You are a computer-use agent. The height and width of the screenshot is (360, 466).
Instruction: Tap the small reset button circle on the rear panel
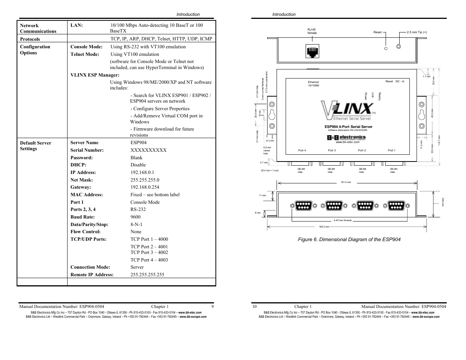pyautogui.click(x=386, y=48)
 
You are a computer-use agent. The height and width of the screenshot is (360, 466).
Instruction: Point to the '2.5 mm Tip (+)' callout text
pyautogui.click(x=417, y=32)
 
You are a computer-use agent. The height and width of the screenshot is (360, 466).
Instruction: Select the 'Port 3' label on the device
pyautogui.click(x=332, y=151)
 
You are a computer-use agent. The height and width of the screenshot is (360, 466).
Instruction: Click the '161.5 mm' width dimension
pyautogui.click(x=346, y=182)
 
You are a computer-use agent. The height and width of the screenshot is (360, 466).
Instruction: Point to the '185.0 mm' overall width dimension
pyautogui.click(x=324, y=227)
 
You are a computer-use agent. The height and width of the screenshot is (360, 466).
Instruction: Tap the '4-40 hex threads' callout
pyautogui.click(x=342, y=220)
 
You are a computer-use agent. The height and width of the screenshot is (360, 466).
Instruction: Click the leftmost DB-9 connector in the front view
pyautogui.click(x=304, y=206)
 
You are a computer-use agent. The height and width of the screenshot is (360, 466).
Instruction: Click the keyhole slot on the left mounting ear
pyautogui.click(x=272, y=115)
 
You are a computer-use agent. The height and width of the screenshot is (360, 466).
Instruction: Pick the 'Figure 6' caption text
pyautogui.click(x=349, y=240)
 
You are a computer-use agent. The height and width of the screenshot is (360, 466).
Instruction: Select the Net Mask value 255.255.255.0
pyautogui.click(x=145, y=180)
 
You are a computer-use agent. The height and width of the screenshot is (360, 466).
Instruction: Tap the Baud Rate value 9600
pyautogui.click(x=135, y=217)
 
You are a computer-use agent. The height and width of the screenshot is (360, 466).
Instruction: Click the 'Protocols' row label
pyautogui.click(x=30, y=39)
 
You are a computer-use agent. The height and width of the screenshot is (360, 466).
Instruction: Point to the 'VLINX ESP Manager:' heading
pyautogui.click(x=95, y=75)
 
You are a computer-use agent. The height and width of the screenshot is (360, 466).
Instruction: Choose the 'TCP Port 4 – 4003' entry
pyautogui.click(x=149, y=260)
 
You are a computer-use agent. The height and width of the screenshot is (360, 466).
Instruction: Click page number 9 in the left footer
pyautogui.click(x=212, y=306)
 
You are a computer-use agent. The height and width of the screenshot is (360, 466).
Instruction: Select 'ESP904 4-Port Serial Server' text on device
pyautogui.click(x=348, y=127)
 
